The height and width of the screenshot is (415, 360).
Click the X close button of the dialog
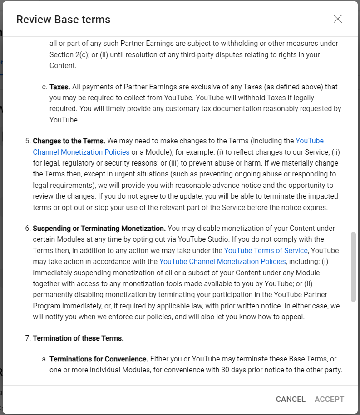pos(337,19)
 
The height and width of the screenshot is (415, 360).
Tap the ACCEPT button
pos(329,399)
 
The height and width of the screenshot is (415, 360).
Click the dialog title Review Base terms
pos(63,20)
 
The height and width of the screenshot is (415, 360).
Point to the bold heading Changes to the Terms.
pos(69,141)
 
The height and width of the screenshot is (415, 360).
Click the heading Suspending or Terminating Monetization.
pos(99,228)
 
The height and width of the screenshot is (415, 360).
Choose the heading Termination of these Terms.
pos(78,338)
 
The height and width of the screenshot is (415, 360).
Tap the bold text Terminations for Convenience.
pos(99,359)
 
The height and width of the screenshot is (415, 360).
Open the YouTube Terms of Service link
pos(266,250)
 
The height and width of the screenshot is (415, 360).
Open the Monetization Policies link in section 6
pos(222,262)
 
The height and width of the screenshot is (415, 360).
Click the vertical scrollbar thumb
pos(353,267)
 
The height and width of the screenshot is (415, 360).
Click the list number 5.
pos(27,141)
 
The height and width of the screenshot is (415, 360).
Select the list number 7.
pos(27,338)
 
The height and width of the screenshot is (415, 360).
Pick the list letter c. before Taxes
pos(44,87)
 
